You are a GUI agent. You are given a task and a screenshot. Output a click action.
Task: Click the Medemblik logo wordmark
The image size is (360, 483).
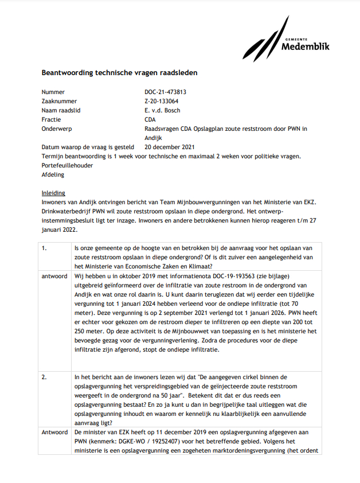[x=306, y=45]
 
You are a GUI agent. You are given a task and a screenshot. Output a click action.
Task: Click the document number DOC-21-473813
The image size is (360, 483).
[x=165, y=92]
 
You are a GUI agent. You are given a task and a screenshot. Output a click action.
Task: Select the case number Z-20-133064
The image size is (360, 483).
[x=161, y=101]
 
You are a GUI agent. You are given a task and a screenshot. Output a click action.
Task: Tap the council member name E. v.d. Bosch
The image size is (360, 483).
[x=162, y=110]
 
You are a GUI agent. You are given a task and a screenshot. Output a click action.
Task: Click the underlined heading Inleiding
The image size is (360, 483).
[x=53, y=193]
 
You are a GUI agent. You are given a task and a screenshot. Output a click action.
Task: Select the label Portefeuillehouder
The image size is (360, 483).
[x=67, y=165]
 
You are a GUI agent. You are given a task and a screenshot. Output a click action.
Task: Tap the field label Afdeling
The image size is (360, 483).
[x=53, y=174]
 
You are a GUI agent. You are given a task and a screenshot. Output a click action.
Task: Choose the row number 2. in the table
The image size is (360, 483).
[x=44, y=377]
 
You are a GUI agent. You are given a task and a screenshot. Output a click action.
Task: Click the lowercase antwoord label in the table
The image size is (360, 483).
[x=54, y=276]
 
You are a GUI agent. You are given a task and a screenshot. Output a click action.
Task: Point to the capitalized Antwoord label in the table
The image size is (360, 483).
[x=55, y=432]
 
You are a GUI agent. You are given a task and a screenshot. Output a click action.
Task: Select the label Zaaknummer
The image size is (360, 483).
[x=59, y=101]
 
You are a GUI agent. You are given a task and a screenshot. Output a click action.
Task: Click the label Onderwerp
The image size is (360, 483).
[x=57, y=128]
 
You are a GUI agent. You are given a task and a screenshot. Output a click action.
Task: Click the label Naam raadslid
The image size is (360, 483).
[x=61, y=110]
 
